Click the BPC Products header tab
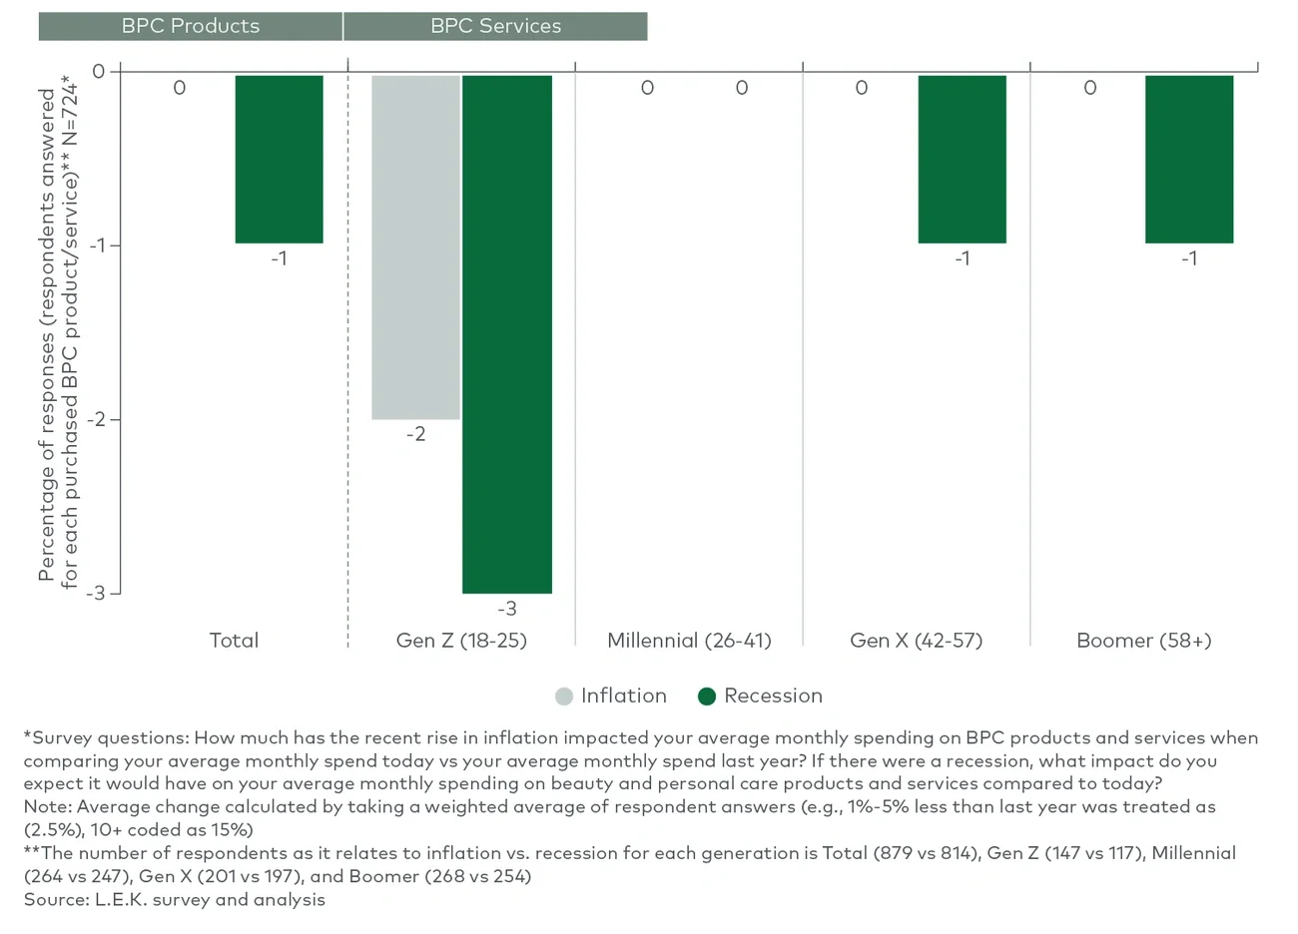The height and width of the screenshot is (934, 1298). [190, 26]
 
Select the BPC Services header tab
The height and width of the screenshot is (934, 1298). [495, 26]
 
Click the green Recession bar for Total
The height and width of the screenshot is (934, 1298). [279, 159]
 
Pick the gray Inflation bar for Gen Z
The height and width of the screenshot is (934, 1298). [415, 246]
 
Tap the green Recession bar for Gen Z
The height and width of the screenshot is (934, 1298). [506, 333]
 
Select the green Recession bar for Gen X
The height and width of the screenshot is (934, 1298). [962, 159]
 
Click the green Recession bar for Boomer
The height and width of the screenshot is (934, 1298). [1188, 159]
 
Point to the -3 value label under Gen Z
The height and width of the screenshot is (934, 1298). [507, 609]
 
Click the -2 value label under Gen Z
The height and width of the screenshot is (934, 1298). [415, 434]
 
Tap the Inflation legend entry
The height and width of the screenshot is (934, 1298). [611, 696]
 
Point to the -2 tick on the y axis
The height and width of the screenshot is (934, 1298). [96, 419]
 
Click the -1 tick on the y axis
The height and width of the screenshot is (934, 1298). [96, 245]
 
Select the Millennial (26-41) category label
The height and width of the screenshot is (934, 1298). [689, 641]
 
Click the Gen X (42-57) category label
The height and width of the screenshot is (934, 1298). [916, 641]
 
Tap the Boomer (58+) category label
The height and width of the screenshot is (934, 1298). [1143, 641]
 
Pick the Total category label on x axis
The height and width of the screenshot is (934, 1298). [234, 641]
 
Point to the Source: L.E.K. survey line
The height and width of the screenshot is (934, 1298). [175, 899]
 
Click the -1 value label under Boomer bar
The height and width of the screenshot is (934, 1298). [1188, 258]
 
